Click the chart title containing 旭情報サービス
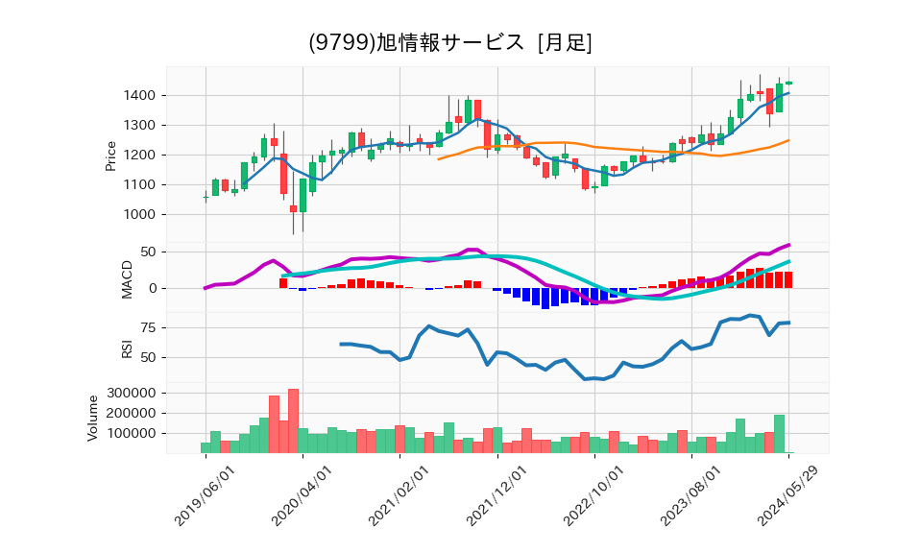449,42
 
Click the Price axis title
111,156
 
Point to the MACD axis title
127,278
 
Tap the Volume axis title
93,418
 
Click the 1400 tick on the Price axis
141,95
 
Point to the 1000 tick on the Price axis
141,215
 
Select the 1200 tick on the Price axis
141,156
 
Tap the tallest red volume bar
293,420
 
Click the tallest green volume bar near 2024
779,433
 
